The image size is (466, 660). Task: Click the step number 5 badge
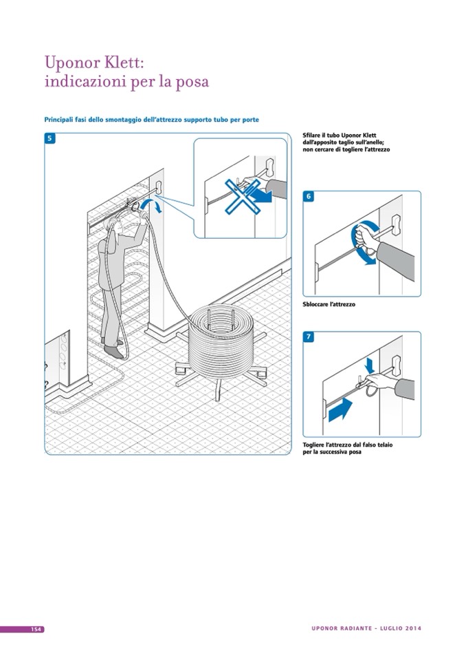[50, 138]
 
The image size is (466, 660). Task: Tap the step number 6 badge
[309, 197]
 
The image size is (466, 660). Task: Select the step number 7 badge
[309, 337]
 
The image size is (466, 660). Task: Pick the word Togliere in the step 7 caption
[318, 445]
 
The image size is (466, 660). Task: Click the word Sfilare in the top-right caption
[313, 136]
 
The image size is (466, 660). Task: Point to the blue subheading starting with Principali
[151, 119]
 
